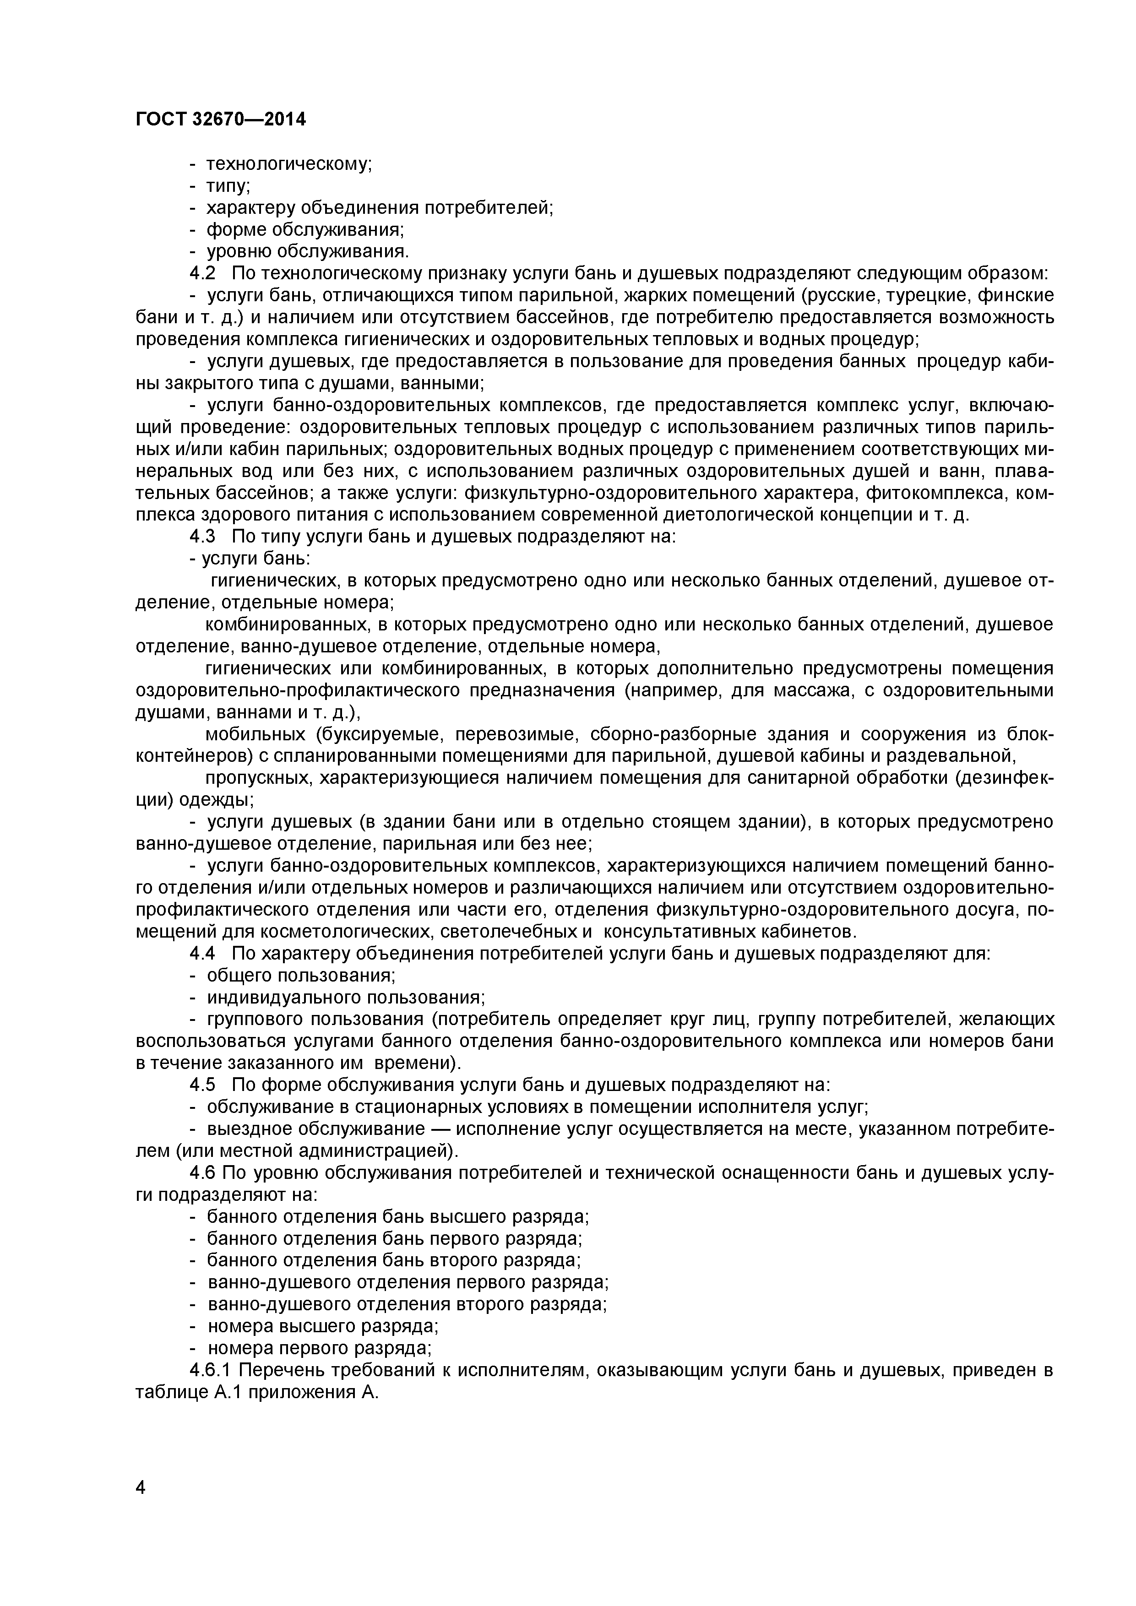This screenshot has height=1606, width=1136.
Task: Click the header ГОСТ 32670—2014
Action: (220, 119)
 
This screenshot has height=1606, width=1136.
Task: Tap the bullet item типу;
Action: (228, 186)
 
